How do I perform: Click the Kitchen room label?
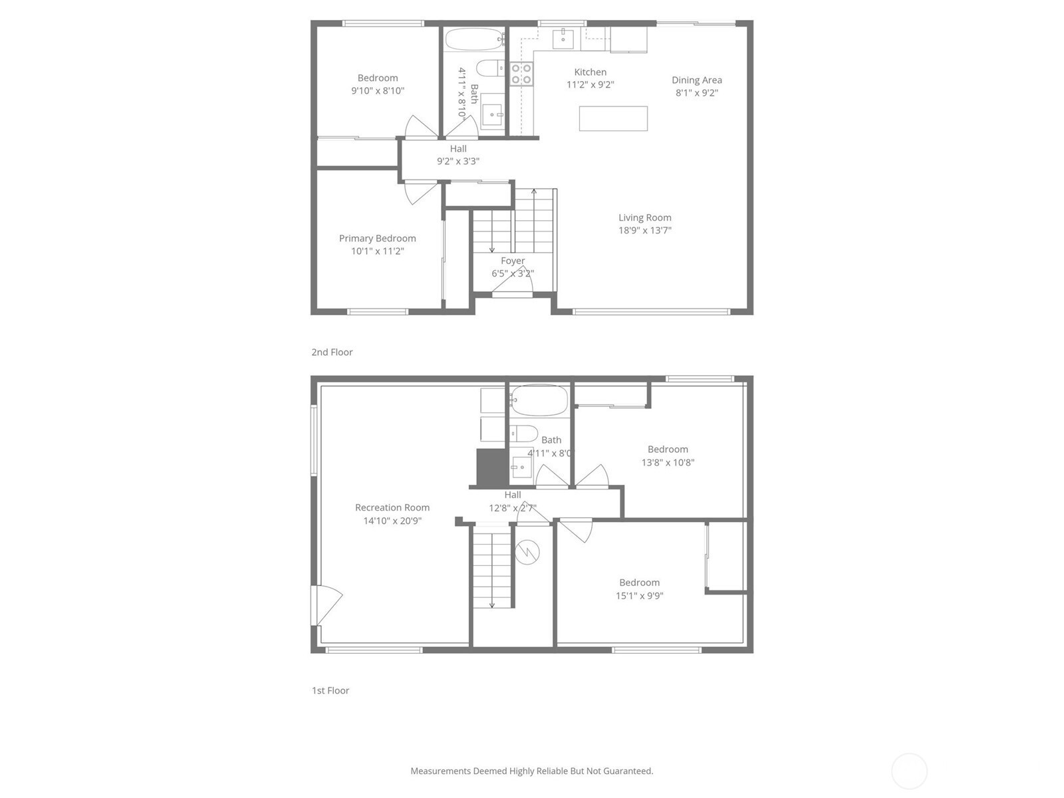click(x=590, y=72)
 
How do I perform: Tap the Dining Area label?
click(x=696, y=80)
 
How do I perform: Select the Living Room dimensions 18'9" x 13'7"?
click(x=644, y=230)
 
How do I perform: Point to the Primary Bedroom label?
click(x=377, y=238)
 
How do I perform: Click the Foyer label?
click(x=512, y=261)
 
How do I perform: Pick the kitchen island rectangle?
click(x=613, y=119)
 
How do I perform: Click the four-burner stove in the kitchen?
click(x=521, y=74)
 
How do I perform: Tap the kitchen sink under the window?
click(x=563, y=39)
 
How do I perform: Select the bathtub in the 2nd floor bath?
click(x=475, y=39)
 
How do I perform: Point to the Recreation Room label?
click(x=392, y=507)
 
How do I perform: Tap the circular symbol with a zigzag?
click(x=527, y=552)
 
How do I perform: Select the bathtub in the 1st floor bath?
click(x=539, y=400)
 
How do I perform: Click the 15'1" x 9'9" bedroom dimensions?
click(x=639, y=595)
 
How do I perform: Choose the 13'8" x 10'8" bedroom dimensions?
click(x=668, y=462)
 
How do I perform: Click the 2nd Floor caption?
click(x=332, y=352)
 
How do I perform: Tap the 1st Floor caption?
click(x=331, y=690)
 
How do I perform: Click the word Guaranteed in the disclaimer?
click(x=629, y=771)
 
